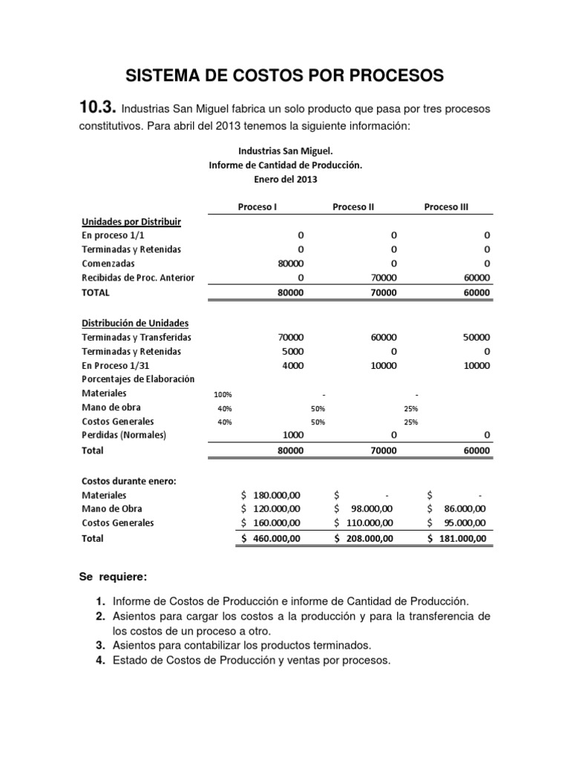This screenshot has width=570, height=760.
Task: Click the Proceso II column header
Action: (x=353, y=207)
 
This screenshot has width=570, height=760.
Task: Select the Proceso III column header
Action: (x=446, y=207)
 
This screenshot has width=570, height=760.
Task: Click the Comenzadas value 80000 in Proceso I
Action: (x=289, y=263)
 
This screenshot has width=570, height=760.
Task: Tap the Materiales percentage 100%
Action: (x=223, y=394)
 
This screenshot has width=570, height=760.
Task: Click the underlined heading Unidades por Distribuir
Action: (x=131, y=221)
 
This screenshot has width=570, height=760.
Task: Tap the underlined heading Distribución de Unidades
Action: (x=134, y=323)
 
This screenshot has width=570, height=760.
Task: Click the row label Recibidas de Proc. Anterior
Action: (x=137, y=278)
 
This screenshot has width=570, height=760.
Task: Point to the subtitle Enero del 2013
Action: (x=285, y=179)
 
